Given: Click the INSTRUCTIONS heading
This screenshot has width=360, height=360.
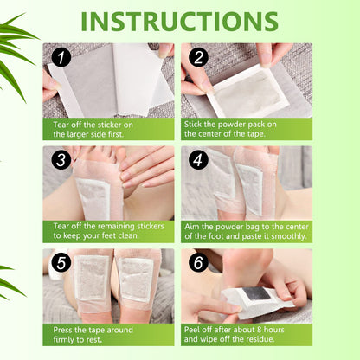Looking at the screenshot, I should pyautogui.click(x=180, y=21).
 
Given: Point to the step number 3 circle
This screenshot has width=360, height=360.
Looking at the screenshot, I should pyautogui.click(x=60, y=161).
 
